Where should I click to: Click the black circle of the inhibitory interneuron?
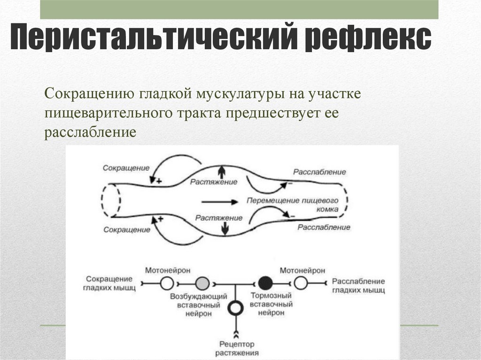coord(265,283)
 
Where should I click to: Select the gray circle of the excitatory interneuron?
coord(202,283)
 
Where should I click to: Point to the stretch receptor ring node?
coord(234,308)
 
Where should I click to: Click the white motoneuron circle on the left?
coord(167,283)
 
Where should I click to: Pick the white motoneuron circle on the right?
coord(301,283)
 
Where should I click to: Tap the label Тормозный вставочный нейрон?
coord(272,304)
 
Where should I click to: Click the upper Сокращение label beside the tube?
coord(126,168)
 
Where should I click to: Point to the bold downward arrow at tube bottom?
coord(225,229)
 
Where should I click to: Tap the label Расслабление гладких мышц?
coord(358,285)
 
